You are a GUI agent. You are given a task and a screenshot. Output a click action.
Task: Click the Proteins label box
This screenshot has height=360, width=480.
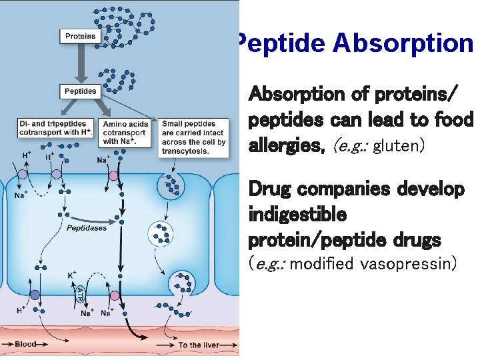click(81, 37)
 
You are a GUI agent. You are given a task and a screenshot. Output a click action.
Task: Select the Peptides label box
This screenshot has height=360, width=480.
click(81, 91)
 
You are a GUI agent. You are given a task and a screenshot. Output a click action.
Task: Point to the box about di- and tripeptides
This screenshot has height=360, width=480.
click(57, 128)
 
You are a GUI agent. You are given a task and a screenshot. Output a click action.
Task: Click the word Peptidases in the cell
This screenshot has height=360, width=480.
click(86, 227)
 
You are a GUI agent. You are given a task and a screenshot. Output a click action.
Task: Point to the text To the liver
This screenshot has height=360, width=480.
click(199, 345)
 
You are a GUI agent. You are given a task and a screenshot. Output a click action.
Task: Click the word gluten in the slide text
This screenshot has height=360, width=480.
click(398, 145)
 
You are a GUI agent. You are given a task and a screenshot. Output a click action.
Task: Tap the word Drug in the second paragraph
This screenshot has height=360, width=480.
click(271, 189)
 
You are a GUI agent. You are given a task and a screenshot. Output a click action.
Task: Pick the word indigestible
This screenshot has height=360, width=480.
click(297, 215)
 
